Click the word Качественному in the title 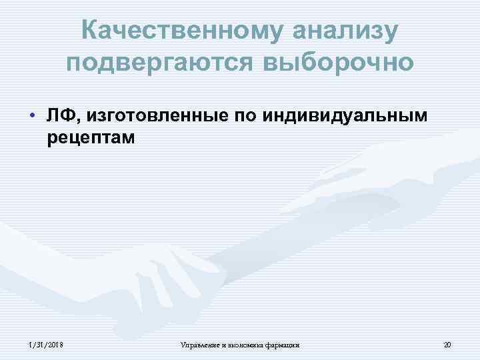pyautogui.click(x=170, y=31)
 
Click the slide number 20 pyautogui.click(x=447, y=345)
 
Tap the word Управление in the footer pyautogui.click(x=197, y=345)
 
